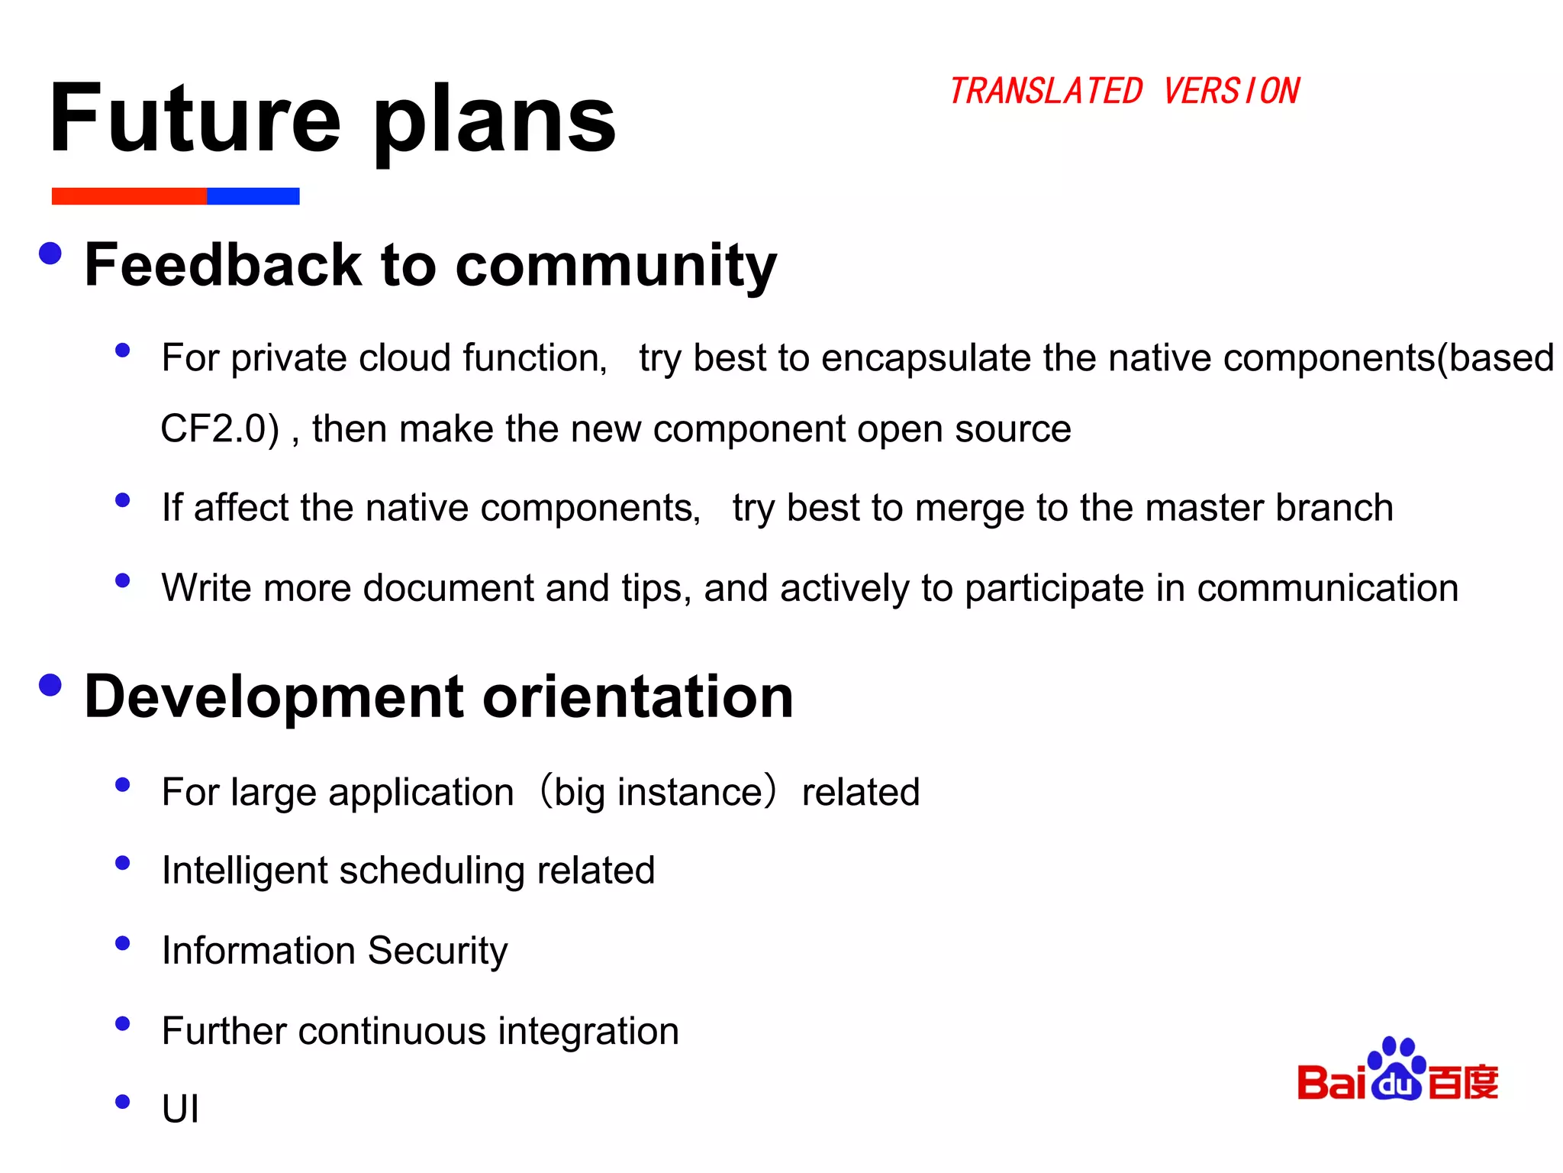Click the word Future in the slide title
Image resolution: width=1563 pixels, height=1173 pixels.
[195, 118]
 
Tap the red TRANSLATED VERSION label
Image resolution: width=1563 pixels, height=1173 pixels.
[1123, 92]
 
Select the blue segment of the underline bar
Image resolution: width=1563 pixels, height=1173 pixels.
[253, 196]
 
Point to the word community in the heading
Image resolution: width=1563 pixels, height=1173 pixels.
[616, 266]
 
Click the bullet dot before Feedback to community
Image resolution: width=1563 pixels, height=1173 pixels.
[50, 254]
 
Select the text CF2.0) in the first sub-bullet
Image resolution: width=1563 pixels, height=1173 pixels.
[220, 428]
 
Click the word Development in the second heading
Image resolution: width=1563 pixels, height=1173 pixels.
[274, 696]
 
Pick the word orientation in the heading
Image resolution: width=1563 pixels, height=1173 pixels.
[638, 696]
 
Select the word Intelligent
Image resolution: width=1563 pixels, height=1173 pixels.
[245, 871]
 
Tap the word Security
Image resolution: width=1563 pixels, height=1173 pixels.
[437, 951]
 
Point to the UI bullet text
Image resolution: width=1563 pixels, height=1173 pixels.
[180, 1109]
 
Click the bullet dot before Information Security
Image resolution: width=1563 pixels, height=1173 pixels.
[122, 943]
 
